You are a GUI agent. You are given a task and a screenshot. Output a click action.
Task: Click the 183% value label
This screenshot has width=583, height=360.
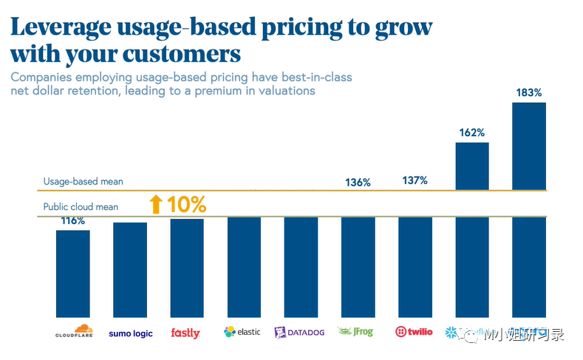coord(528,93)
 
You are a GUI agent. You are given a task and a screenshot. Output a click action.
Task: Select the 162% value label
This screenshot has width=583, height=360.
coord(471,133)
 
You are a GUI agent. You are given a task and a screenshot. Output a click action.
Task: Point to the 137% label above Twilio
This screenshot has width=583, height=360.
coord(415,180)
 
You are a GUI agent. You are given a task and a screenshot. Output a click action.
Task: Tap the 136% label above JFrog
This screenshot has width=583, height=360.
coord(358,182)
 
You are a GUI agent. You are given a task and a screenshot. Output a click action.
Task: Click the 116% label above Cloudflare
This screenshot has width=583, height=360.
coord(72,221)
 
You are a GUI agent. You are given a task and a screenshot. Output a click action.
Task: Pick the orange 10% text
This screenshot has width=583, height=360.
coord(185,205)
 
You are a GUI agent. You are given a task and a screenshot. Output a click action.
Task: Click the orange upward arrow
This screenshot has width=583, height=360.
coord(155,205)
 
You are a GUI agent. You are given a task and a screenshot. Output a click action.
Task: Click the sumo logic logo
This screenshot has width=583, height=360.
coord(130,333)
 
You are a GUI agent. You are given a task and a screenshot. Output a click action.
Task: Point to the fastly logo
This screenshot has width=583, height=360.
coord(185,333)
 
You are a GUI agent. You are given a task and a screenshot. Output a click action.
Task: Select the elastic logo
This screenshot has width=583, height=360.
coord(242,332)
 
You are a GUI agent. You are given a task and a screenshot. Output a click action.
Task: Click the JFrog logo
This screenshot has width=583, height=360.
coord(358,332)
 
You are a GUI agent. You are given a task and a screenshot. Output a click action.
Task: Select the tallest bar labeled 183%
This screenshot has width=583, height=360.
coord(528,207)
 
